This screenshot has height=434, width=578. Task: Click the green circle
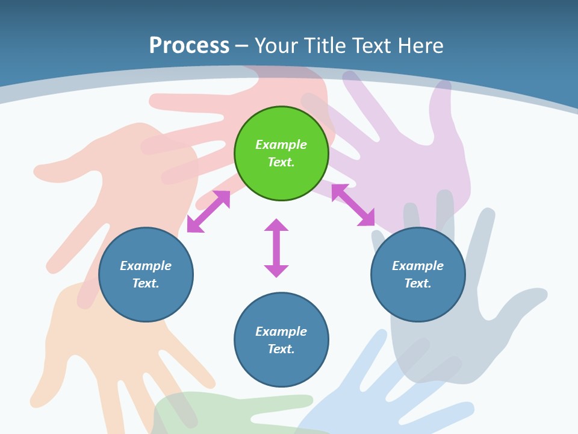[281, 153]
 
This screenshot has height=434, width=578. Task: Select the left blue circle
[146, 274]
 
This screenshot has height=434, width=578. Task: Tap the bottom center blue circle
[281, 339]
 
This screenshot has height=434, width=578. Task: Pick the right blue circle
[418, 274]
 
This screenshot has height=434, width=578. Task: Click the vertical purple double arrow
[276, 248]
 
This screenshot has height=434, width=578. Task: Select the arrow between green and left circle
[209, 212]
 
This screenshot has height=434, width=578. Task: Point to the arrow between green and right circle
[353, 205]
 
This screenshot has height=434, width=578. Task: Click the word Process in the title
[190, 45]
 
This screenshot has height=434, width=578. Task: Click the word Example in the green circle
[281, 144]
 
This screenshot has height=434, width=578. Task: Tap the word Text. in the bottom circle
[281, 349]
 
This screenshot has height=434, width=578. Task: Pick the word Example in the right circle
[418, 265]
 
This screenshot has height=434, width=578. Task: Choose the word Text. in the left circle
[146, 283]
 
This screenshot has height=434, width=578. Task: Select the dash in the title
[242, 47]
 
